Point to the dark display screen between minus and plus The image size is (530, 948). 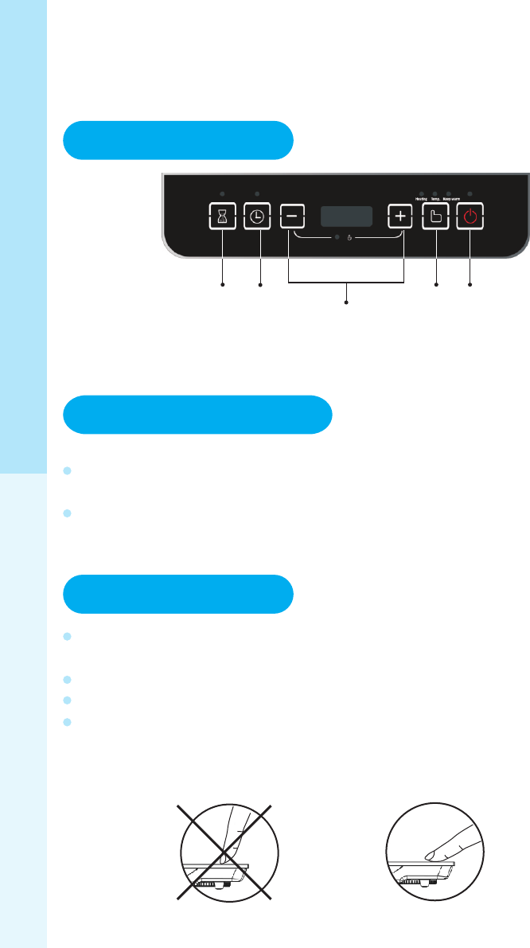pos(346,217)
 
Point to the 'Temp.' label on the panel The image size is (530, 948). pos(435,200)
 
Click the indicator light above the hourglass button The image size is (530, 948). pos(223,193)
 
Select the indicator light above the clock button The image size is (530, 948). pos(257,193)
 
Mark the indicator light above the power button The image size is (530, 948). pos(470,193)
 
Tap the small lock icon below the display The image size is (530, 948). pos(350,238)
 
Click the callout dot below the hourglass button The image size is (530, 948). pos(223,283)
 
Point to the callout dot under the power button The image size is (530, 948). pos(470,283)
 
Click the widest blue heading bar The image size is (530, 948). pos(197,414)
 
